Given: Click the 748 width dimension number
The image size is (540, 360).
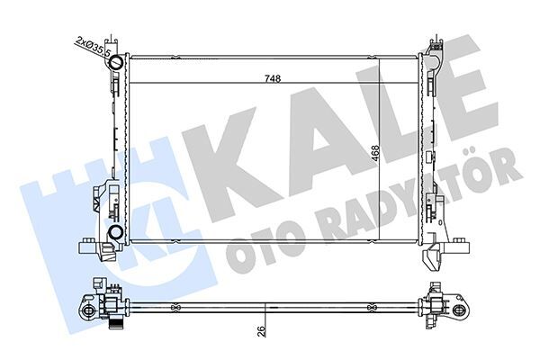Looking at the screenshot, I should [x=272, y=78].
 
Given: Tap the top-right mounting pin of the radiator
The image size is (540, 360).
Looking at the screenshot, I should [x=435, y=41].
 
